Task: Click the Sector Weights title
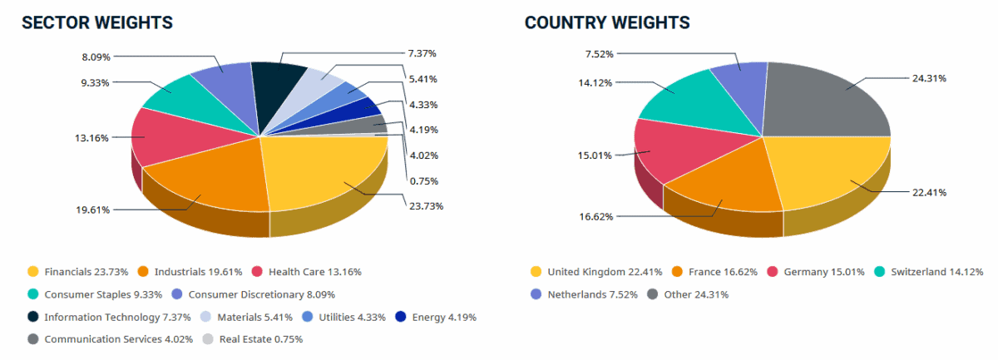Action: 97,22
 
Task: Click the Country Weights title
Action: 607,22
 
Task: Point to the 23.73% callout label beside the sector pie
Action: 426,206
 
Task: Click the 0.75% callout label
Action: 422,180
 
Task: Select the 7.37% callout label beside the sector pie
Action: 422,53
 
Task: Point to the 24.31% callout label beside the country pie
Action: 930,78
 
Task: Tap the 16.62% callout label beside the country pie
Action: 596,216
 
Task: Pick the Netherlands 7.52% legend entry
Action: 580,294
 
